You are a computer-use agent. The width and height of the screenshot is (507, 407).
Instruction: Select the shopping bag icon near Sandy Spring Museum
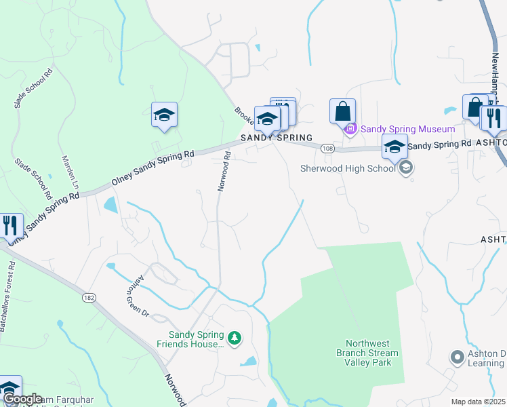click(x=342, y=111)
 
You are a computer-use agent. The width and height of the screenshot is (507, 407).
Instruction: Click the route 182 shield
click(x=89, y=297)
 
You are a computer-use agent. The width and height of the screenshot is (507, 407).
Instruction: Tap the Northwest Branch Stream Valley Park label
click(x=368, y=353)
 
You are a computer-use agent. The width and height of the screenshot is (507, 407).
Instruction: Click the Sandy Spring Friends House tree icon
click(x=234, y=337)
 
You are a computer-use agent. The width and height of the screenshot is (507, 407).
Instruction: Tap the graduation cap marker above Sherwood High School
click(x=394, y=146)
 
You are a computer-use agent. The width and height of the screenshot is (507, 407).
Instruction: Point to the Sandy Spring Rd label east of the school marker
click(x=439, y=144)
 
